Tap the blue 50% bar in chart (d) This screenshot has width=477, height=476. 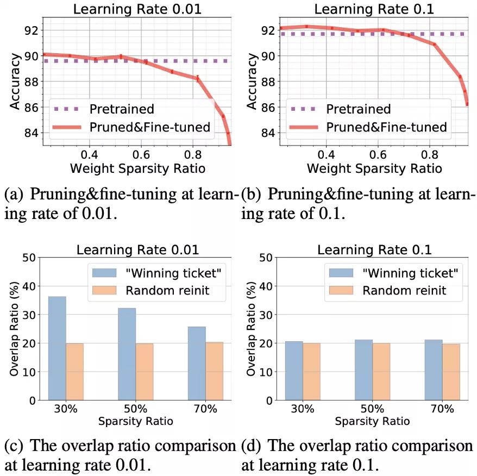(x=364, y=370)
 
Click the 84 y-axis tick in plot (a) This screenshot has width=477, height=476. (x=34, y=133)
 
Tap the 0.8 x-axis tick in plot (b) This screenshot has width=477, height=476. (x=429, y=154)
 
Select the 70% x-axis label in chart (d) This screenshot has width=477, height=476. (x=442, y=409)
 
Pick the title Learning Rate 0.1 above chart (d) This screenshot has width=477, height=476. (x=374, y=250)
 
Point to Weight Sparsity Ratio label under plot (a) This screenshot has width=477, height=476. (x=137, y=168)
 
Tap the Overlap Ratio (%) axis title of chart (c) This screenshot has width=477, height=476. (x=11, y=328)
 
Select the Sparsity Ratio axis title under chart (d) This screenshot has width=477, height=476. (x=372, y=421)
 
